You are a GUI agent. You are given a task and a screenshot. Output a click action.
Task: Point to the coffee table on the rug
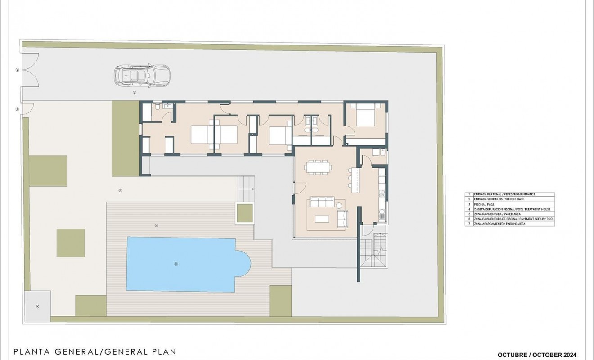pos(322,219)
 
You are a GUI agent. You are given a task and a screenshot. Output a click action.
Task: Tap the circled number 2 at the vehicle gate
pos(17,70)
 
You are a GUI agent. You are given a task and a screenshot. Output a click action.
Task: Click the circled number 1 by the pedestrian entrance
pos(17,109)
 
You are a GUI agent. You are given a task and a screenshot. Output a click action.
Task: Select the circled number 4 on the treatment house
pos(37,306)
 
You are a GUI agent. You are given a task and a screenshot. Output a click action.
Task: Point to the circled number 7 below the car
pos(134,93)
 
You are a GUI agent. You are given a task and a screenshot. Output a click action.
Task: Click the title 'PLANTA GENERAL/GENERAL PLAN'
pos(94,351)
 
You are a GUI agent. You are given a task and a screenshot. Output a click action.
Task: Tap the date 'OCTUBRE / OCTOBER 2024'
pos(537,355)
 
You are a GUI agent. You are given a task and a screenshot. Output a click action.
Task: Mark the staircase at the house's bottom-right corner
pos(373,252)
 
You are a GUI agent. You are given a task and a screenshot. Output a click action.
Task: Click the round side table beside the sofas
pos(340,206)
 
